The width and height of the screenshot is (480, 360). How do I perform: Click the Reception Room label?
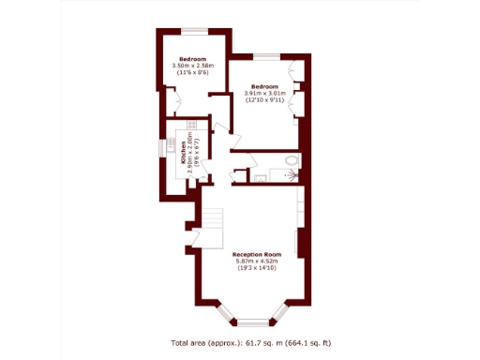(x=257, y=254)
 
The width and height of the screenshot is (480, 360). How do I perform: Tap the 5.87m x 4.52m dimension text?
(x=257, y=262)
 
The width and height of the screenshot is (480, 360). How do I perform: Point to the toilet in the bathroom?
(x=291, y=162)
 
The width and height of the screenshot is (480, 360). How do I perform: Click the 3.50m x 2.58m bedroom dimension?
(x=194, y=65)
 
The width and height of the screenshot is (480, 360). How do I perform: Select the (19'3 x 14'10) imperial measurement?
(x=257, y=269)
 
